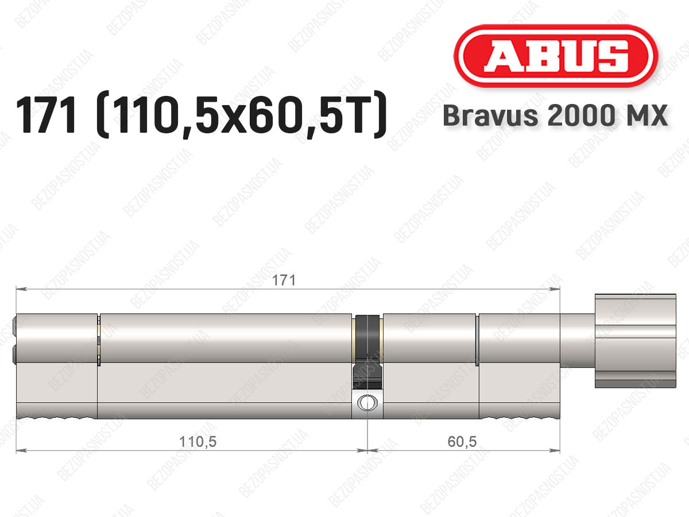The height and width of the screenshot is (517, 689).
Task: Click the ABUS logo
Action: pos(556,56)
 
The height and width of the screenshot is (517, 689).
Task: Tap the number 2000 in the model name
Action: pos(580,115)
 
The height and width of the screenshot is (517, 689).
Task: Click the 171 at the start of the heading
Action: pos(47,115)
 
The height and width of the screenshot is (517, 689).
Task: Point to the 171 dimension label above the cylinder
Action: pos(284,280)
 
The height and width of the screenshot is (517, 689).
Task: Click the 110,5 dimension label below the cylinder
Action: pos(198,442)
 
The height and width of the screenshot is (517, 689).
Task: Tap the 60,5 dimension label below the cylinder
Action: pos(462,442)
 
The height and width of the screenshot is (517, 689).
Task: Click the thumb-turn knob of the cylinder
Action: pos(636,341)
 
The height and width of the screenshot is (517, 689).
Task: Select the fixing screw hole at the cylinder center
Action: pos(367,403)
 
